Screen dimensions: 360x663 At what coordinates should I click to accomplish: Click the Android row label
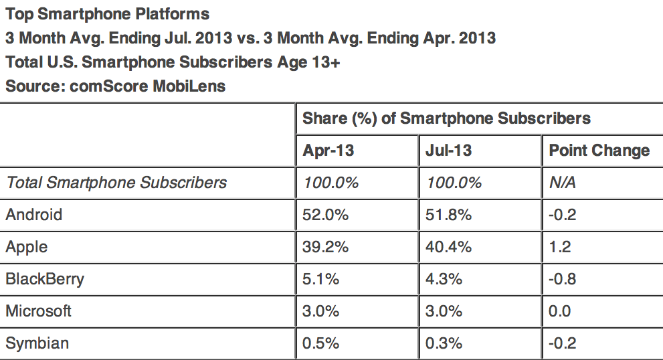click(x=33, y=215)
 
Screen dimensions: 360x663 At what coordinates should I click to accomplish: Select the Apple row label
click(x=27, y=247)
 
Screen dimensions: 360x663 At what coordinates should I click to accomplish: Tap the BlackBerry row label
click(x=45, y=279)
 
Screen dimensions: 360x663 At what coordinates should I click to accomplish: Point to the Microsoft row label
click(x=38, y=311)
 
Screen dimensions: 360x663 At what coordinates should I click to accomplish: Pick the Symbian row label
click(x=37, y=343)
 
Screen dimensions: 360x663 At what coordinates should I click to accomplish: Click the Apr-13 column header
click(x=328, y=151)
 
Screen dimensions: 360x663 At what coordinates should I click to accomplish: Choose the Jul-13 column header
click(x=448, y=151)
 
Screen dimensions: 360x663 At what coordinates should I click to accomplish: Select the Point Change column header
click(x=599, y=151)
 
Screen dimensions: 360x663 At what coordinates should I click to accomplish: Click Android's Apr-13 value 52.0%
click(x=326, y=215)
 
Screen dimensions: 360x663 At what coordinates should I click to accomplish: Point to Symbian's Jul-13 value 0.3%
click(x=444, y=343)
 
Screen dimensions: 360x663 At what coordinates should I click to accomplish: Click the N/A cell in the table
click(x=561, y=183)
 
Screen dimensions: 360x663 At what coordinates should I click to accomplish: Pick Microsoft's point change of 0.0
click(x=560, y=311)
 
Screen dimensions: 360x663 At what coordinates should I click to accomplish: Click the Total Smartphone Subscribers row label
click(x=116, y=183)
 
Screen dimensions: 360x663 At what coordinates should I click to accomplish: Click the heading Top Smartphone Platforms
click(x=107, y=13)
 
